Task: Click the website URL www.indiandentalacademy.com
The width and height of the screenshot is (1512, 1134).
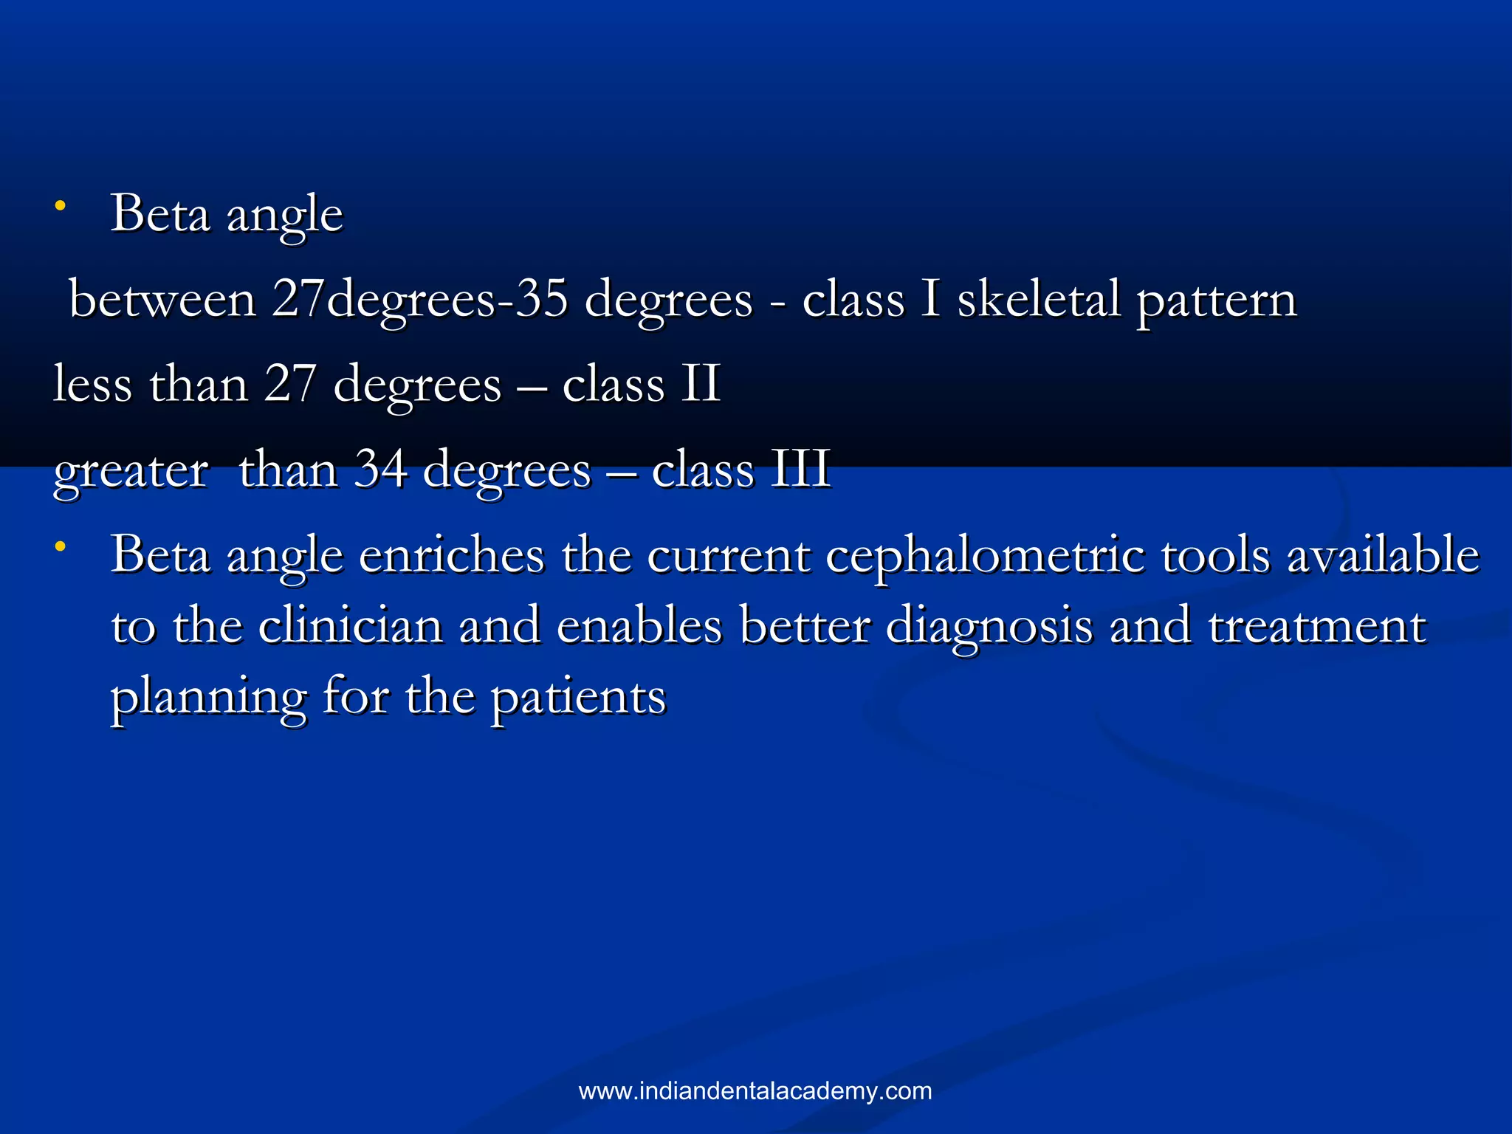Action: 755,1090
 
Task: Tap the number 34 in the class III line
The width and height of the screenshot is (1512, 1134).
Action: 380,469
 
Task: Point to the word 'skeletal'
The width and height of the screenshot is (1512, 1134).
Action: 1037,300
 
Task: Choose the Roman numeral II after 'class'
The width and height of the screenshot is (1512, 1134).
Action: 700,384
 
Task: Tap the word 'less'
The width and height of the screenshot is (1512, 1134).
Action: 92,384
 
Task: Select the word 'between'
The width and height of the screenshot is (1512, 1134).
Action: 162,300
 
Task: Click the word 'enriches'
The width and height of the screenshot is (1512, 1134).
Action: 451,555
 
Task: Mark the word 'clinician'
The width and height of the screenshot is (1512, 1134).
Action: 351,626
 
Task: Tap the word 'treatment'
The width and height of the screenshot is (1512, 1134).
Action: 1316,626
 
